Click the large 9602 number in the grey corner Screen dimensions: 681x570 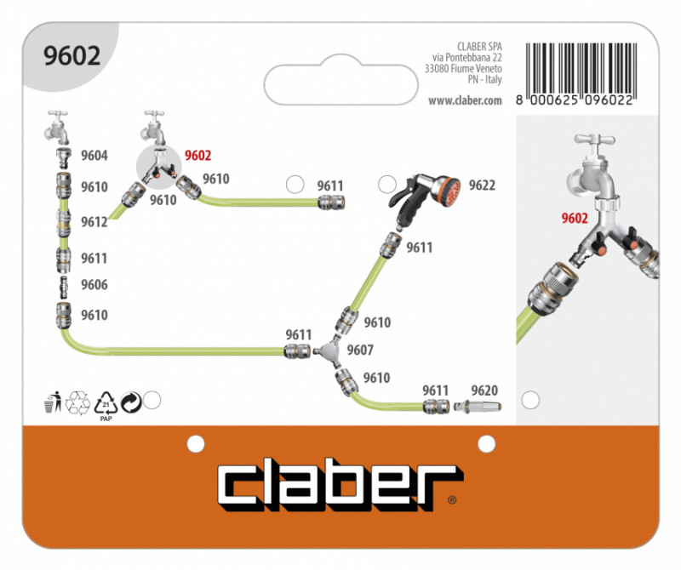[72, 55]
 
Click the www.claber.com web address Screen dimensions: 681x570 [465, 100]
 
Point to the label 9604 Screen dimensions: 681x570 [94, 155]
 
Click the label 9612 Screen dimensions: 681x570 [94, 222]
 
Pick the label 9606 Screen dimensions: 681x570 [94, 285]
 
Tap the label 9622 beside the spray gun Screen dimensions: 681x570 [482, 185]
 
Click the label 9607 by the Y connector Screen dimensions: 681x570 [360, 350]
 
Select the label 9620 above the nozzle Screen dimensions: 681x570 [484, 390]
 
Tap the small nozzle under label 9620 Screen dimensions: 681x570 [477, 408]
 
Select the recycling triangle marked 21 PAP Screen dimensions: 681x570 [106, 405]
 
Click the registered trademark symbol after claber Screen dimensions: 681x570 [452, 500]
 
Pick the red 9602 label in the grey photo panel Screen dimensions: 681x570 [575, 218]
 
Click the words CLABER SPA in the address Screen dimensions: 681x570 [479, 47]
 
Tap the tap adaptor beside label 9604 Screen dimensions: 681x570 [64, 157]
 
